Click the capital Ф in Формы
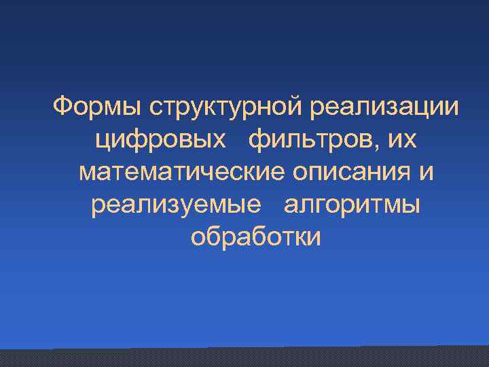[x=62, y=107]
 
